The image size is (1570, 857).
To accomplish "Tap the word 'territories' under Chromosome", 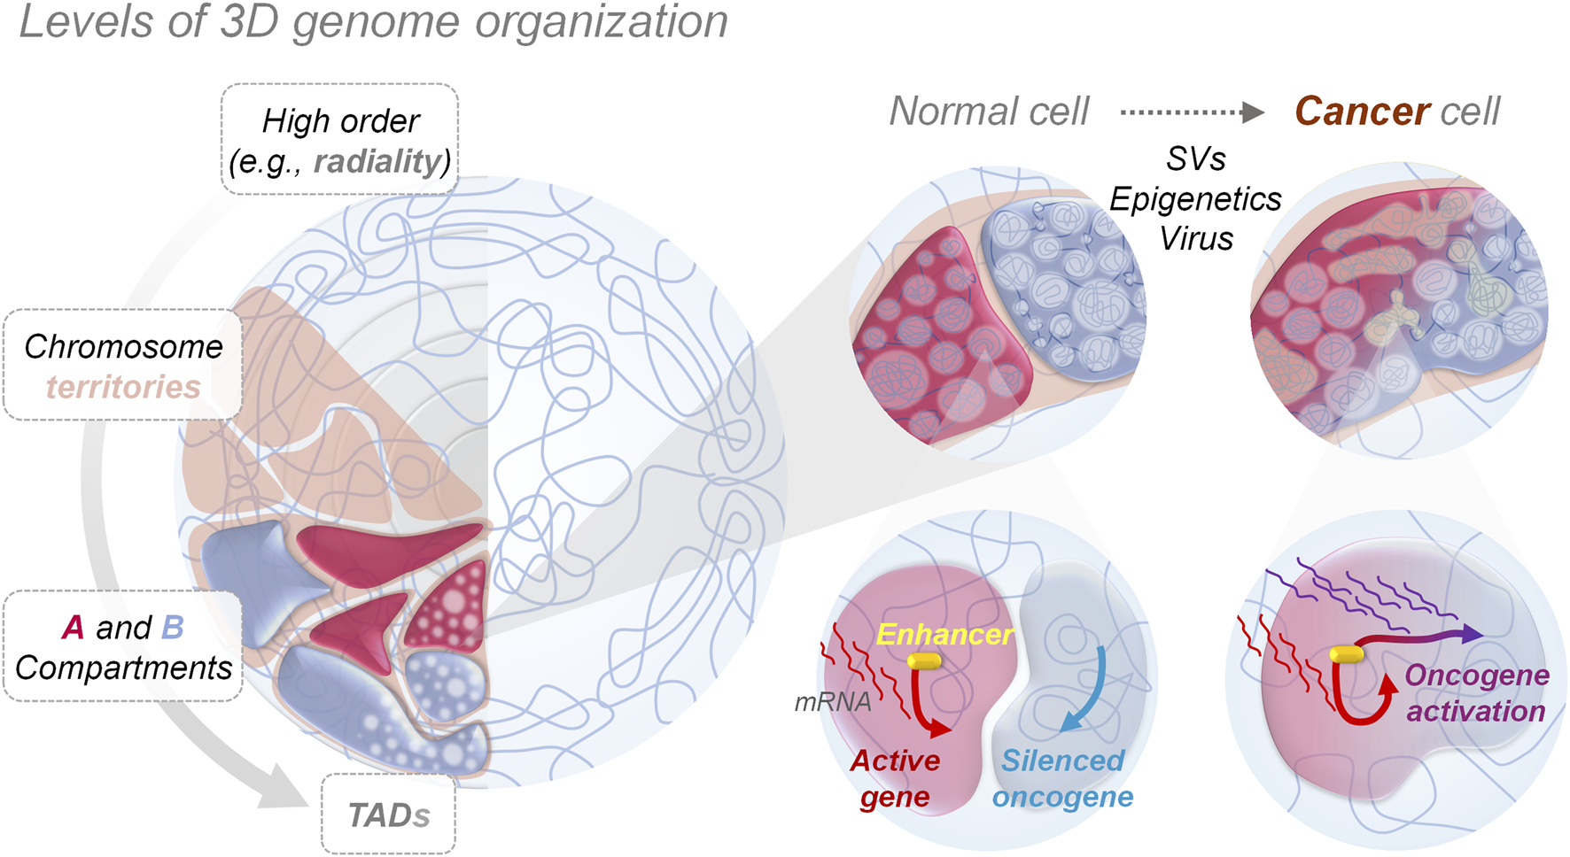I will (123, 387).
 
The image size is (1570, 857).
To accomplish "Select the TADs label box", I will (388, 815).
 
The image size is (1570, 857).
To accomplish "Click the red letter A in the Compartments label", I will (73, 628).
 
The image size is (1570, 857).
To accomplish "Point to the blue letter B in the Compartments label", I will (172, 628).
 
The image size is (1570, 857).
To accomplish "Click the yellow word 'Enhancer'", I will (944, 634).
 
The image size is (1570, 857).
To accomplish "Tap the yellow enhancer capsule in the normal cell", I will (924, 661).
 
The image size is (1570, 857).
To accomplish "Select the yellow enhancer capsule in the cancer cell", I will (1347, 654).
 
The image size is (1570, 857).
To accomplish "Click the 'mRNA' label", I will (832, 702).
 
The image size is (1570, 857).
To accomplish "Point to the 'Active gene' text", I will (895, 778).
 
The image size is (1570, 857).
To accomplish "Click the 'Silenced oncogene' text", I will (1062, 778).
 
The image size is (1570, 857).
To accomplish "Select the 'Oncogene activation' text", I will (1476, 693).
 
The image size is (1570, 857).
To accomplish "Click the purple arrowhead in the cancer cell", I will (1471, 633).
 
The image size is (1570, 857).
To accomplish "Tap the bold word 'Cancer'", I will (1362, 112).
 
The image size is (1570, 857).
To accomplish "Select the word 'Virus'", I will (1196, 238).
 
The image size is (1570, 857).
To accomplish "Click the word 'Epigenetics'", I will (1195, 199).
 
